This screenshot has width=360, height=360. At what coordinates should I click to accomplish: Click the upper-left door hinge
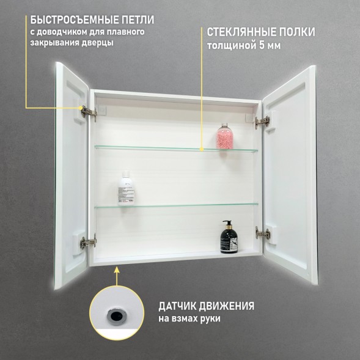click(88, 112)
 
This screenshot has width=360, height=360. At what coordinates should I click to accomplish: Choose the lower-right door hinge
click(263, 233)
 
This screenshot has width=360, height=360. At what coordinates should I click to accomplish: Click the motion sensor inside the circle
click(115, 315)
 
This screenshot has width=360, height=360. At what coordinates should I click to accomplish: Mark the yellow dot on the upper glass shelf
click(202, 148)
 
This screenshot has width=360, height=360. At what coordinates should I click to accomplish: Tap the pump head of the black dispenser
click(226, 223)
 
